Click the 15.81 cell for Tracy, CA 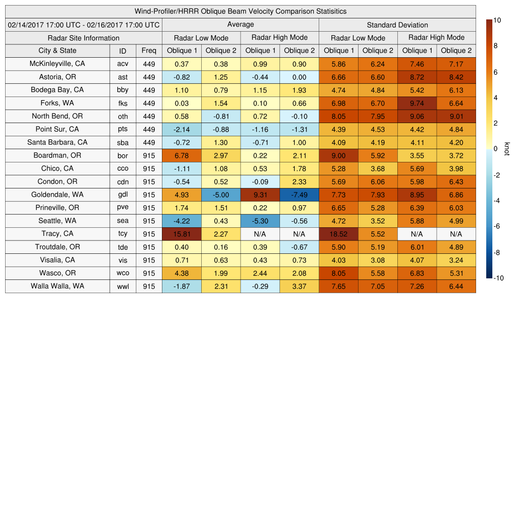click(181, 234)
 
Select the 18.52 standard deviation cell click(338, 234)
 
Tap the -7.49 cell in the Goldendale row click(299, 195)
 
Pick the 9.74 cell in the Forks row click(417, 103)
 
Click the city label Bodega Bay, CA click(57, 90)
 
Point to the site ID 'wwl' click(123, 287)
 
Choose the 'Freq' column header click(149, 51)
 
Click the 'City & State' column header click(57, 51)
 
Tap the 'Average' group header click(240, 25)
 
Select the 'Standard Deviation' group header click(397, 25)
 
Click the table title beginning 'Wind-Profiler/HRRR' click(241, 11)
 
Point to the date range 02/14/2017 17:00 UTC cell click(83, 25)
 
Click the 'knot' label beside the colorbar click(507, 149)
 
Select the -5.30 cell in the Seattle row click(260, 221)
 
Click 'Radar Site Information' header click(83, 38)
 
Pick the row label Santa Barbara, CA click(57, 142)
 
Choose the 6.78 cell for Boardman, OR click(181, 155)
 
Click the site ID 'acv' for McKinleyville click(123, 64)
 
